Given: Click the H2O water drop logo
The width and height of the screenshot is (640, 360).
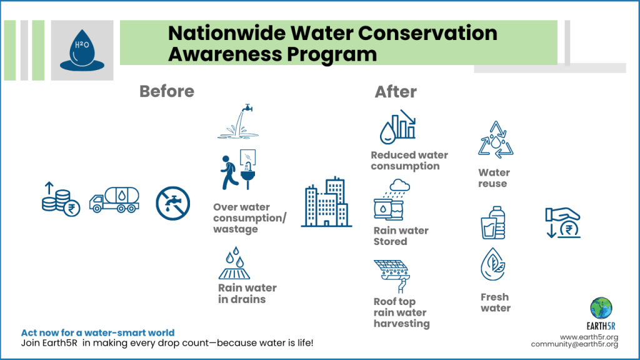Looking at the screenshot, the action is click(82, 51).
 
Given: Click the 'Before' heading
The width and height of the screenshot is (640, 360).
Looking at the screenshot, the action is click(166, 91).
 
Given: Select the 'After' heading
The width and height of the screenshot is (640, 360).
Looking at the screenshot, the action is click(396, 92).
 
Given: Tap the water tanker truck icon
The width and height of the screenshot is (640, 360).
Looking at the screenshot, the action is click(114, 199).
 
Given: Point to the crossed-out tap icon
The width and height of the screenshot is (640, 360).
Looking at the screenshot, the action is click(172, 203).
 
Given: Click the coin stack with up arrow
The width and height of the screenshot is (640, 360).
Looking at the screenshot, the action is click(61, 199).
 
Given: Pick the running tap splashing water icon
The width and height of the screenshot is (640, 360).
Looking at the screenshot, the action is click(238, 121).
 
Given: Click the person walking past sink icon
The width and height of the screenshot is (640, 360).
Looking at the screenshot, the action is click(239, 169).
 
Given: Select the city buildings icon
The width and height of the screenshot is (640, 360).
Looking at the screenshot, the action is click(326, 202).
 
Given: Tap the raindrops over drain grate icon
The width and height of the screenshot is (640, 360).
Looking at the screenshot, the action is click(235, 263).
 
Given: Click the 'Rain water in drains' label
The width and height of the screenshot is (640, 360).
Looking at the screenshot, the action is click(247, 294).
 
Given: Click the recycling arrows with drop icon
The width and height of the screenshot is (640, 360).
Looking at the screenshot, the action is click(496, 139).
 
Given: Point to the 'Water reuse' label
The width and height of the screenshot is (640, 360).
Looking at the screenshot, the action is click(494, 178).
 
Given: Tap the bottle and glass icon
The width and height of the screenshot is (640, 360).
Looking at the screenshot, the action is click(493, 222).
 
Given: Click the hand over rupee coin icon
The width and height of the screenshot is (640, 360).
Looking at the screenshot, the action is click(563, 223).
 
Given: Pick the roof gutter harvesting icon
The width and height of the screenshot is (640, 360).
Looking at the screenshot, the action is click(392, 276).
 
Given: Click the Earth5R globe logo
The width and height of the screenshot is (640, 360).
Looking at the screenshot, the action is click(601, 308).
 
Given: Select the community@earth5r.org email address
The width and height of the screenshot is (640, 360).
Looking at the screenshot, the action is click(574, 344).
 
